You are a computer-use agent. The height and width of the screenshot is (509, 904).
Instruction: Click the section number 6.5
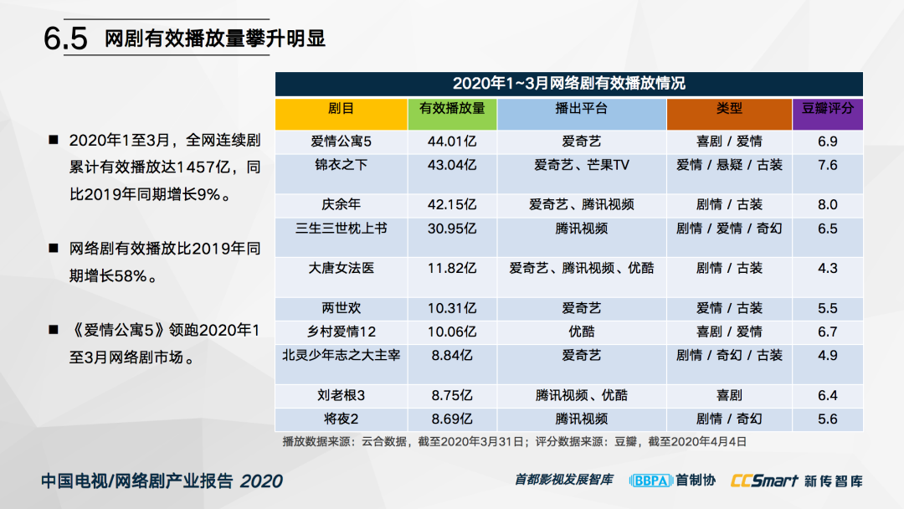65,39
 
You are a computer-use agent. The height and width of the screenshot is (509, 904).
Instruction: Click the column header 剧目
341,108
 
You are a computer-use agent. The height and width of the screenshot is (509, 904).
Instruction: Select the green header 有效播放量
452,108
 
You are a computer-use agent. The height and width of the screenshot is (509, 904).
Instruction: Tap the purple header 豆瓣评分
827,108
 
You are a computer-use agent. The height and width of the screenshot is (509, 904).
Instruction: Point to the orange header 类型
729,108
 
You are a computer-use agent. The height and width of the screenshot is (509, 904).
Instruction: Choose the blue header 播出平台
581,108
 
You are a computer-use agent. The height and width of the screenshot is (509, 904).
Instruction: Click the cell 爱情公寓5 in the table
341,141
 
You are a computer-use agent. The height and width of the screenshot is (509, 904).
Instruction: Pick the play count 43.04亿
452,166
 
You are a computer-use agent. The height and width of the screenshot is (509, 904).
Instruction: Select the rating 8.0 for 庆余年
827,204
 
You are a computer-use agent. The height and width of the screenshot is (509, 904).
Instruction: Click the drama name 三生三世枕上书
341,229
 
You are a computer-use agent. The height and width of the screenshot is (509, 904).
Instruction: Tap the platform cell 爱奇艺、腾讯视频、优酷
581,268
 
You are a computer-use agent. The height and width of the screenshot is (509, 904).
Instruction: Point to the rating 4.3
827,268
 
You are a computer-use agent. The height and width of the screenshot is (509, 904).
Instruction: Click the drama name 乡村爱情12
341,332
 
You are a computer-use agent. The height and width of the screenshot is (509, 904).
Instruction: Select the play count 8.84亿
452,356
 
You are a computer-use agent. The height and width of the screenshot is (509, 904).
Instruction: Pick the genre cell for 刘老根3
729,395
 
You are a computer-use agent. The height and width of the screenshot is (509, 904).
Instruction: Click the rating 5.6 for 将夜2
827,419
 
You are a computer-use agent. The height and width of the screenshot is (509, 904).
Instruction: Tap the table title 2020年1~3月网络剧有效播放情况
568,84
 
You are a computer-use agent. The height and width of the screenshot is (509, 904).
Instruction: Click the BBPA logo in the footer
650,481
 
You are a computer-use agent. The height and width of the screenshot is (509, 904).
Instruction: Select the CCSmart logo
764,481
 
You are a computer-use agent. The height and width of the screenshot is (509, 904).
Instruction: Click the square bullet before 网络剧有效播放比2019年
54,249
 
